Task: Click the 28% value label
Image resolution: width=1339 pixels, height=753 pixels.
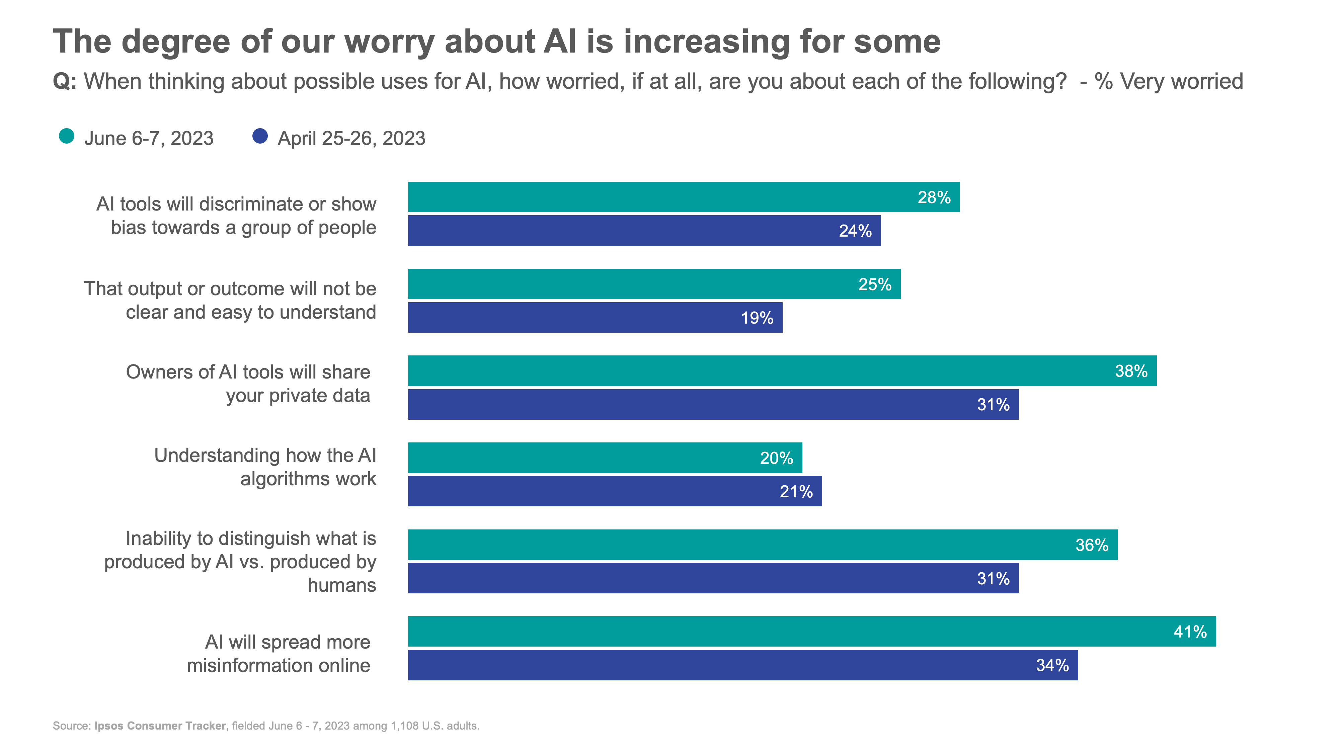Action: pos(934,197)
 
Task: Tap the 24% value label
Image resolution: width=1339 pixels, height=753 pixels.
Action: pos(855,231)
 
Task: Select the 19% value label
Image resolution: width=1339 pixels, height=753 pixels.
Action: pos(757,318)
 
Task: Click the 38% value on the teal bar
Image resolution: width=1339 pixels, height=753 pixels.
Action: pos(1131,371)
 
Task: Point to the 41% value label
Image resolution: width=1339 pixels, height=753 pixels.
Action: pos(1190,632)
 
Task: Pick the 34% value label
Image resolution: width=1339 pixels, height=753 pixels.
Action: pos(1052,665)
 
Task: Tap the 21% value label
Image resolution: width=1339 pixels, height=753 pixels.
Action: pos(796,492)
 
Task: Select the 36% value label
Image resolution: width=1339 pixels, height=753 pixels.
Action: pos(1092,545)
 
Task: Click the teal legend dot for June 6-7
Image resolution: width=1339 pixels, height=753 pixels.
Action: pos(67,136)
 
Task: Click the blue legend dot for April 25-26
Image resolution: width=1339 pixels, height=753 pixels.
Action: pos(260,136)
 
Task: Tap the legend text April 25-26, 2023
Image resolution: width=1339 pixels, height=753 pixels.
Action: pos(351,138)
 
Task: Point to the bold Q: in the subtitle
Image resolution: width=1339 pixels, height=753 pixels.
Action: pos(65,82)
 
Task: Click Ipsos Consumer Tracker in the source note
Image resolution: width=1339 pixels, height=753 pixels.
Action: pos(160,726)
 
